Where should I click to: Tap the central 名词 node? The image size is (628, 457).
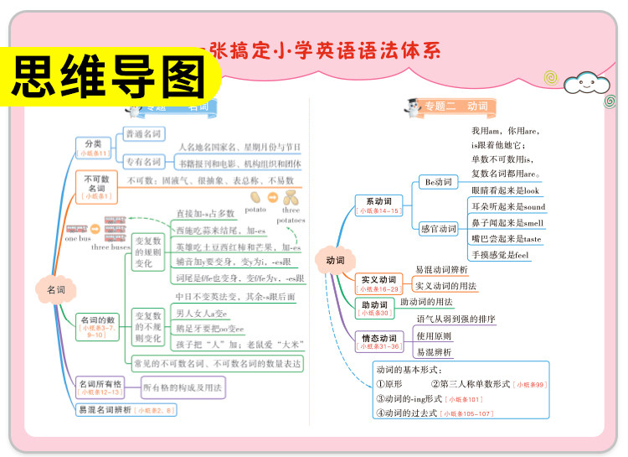click(55, 289)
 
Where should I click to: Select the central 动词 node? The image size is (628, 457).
click(335, 260)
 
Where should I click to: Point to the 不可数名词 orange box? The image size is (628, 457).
click(96, 186)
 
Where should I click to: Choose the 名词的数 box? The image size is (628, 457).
click(97, 325)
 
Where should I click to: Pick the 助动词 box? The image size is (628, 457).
click(373, 308)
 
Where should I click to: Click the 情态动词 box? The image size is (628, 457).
click(378, 341)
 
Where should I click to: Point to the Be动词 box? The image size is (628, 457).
click(439, 183)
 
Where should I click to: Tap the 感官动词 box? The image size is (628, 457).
click(439, 229)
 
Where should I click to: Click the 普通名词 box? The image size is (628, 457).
click(144, 134)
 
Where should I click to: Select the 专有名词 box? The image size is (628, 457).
click(144, 162)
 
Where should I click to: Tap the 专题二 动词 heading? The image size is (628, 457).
click(455, 106)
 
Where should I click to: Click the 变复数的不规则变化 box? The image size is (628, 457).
click(148, 327)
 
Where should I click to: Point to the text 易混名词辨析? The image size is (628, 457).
click(104, 410)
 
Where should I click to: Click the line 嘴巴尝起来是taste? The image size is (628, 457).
click(506, 239)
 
